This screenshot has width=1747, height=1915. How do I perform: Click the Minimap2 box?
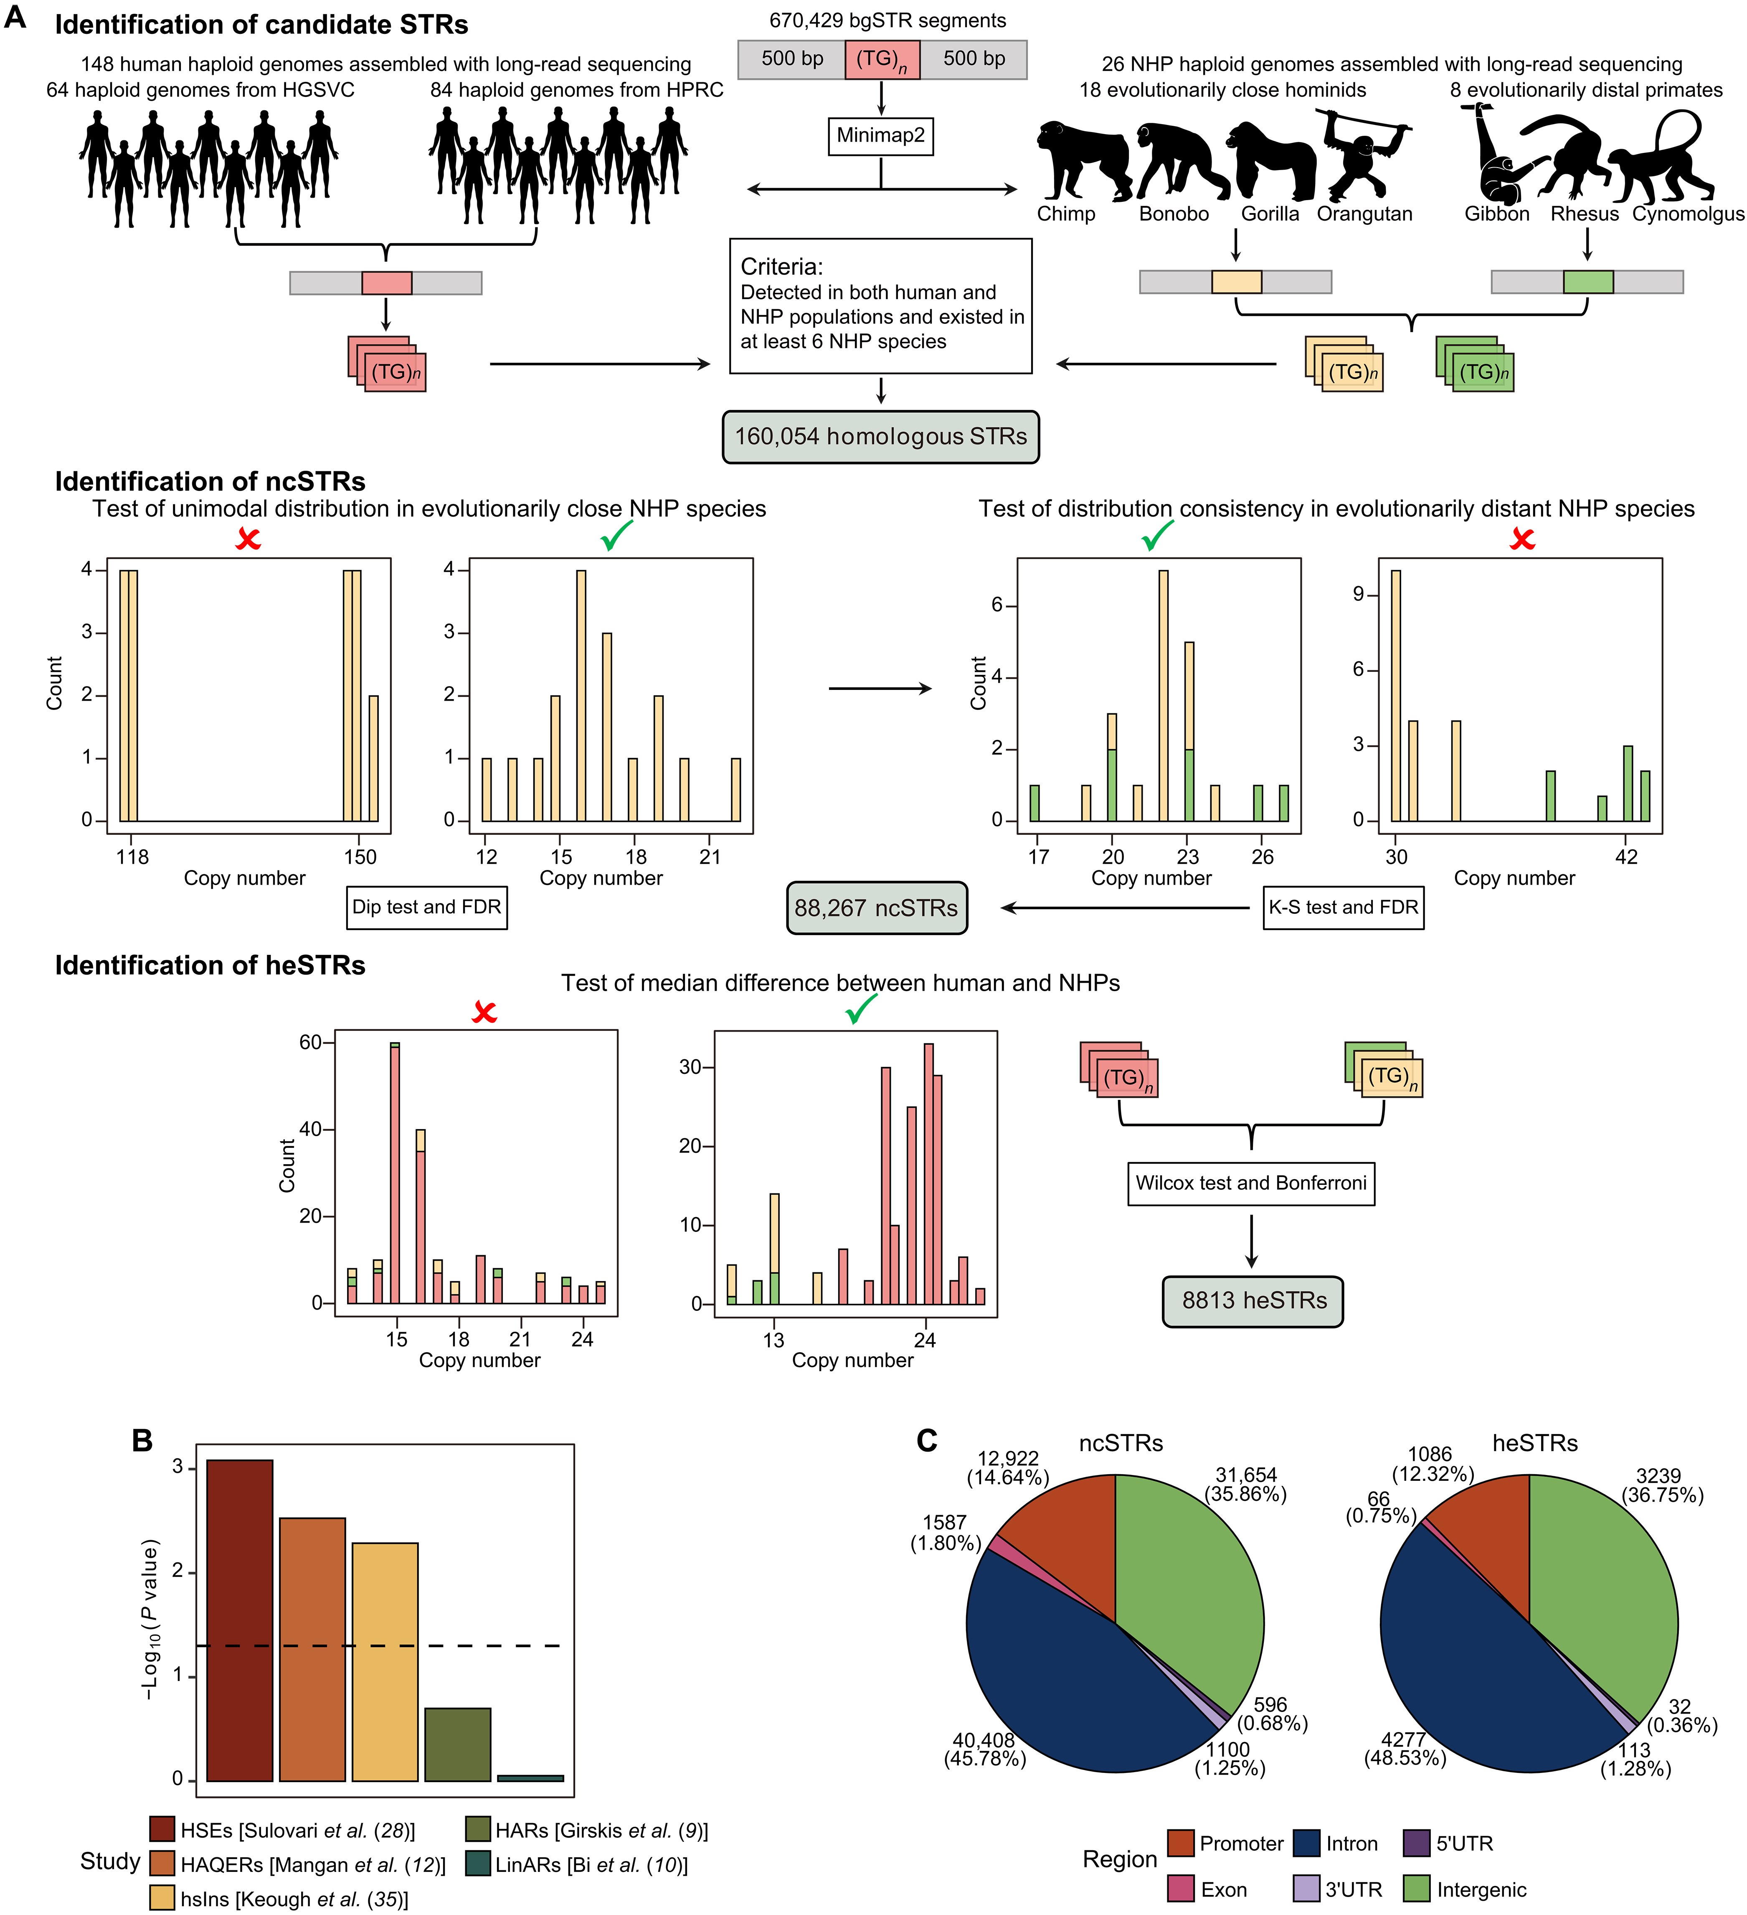880,136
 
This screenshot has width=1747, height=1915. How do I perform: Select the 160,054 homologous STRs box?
880,437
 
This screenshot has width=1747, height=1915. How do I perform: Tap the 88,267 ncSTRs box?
875,908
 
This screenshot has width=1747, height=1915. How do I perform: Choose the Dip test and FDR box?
426,907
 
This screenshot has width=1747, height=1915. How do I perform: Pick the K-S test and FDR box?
1343,907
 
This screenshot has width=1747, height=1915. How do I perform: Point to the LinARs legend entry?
576,1865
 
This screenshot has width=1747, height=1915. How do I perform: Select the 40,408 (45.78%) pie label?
984,1749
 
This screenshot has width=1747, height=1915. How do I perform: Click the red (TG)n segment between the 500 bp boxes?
881,60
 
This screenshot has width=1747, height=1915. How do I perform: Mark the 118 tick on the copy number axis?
132,857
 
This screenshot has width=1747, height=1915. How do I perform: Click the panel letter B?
142,1441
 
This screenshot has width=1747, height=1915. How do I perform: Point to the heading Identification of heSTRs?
210,966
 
